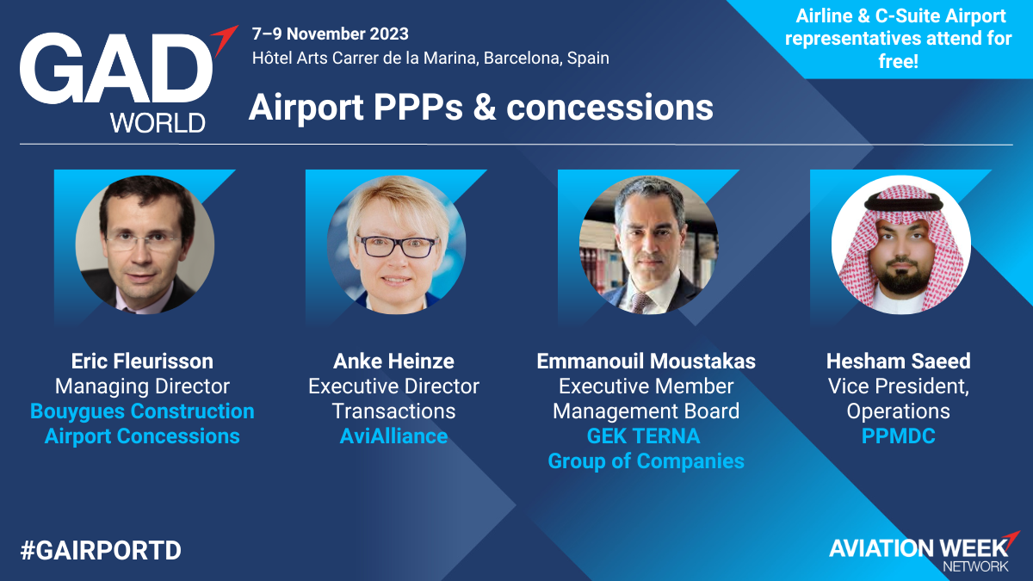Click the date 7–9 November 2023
pos(331,34)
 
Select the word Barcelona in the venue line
pos(522,59)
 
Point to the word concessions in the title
pos(609,108)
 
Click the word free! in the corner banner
pos(899,61)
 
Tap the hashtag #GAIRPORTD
pos(101,551)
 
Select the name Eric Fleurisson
pos(142,361)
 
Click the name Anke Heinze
pos(394,361)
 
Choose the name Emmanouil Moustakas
pos(646,361)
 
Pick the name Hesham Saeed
pos(899,361)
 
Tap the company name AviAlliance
pos(394,436)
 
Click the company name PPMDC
pos(899,436)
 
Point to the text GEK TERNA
pos(643,436)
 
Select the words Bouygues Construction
pos(142,411)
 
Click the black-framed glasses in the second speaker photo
pos(397,246)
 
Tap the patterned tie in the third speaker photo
pos(640,302)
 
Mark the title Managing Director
pos(142,386)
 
